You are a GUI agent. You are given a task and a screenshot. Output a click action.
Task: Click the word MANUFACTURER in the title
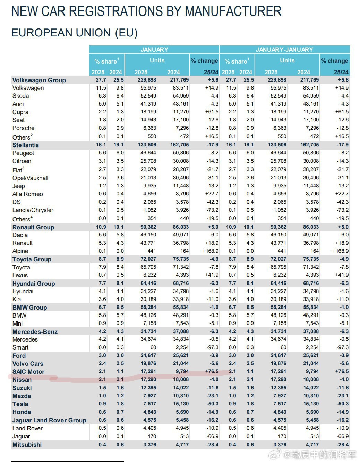233,11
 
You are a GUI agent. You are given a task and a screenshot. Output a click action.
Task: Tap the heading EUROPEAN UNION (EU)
75,33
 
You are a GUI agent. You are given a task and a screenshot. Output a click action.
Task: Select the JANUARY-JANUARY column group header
284,50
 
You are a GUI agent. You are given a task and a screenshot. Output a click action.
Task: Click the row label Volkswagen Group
39,80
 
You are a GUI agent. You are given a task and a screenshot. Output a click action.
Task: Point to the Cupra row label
20,112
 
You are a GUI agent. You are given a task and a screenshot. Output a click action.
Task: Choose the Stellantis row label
26,145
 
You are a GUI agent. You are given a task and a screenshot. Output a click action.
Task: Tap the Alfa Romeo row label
28,194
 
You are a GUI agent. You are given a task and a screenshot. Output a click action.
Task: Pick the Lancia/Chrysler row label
33,210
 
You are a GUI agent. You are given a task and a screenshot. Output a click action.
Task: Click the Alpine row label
20,251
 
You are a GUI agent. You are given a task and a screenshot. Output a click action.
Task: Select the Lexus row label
20,275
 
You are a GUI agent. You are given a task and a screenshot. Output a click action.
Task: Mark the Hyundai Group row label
34,284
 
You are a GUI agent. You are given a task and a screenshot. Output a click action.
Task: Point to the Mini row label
17,323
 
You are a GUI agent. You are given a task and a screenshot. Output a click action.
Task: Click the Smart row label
20,347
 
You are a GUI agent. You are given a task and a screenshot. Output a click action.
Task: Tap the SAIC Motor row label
28,372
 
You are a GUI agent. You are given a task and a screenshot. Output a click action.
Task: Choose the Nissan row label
22,380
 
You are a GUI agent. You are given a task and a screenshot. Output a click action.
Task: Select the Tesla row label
20,404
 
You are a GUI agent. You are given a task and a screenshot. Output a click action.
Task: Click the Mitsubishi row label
27,445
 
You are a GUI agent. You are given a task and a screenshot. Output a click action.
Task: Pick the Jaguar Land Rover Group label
49,420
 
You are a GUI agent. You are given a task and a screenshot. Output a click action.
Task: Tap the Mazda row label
22,396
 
